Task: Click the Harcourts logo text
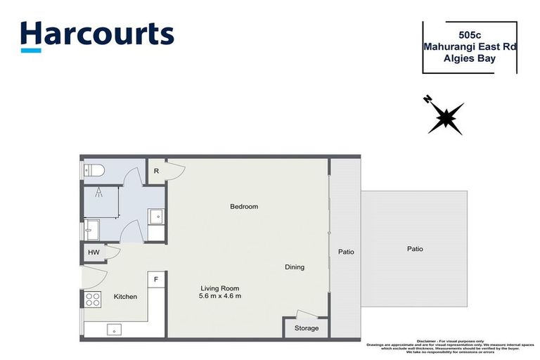point(97,33)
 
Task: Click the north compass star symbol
point(445,116)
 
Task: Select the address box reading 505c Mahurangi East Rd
point(469,47)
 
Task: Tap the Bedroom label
point(244,207)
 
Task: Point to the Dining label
point(295,267)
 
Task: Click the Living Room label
point(220,288)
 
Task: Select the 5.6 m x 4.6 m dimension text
point(220,296)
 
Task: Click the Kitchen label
point(125,297)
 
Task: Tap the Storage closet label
point(307,328)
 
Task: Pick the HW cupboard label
point(94,252)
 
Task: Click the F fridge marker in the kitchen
point(156,280)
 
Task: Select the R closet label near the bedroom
point(155,170)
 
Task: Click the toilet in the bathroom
point(94,169)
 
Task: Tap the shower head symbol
point(99,192)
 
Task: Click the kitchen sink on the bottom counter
point(112,329)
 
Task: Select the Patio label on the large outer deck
point(414,249)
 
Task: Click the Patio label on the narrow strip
point(345,252)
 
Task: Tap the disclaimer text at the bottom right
point(450,345)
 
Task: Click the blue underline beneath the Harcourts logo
point(30,50)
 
